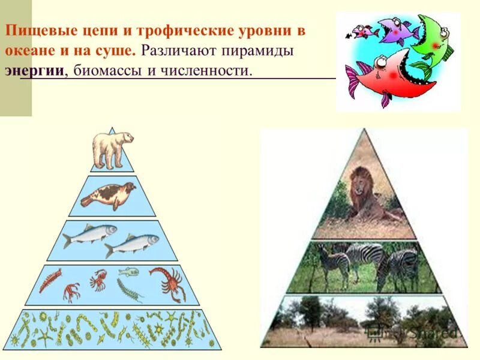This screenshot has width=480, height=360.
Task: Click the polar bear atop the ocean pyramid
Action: point(112,149)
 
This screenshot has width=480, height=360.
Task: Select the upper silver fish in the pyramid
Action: point(90,233)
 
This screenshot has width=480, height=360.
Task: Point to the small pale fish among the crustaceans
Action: point(128,272)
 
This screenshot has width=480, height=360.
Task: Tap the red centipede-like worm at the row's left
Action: point(50,279)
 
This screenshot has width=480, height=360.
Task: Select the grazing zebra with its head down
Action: point(396,266)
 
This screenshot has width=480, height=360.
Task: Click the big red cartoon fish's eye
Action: point(380,61)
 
